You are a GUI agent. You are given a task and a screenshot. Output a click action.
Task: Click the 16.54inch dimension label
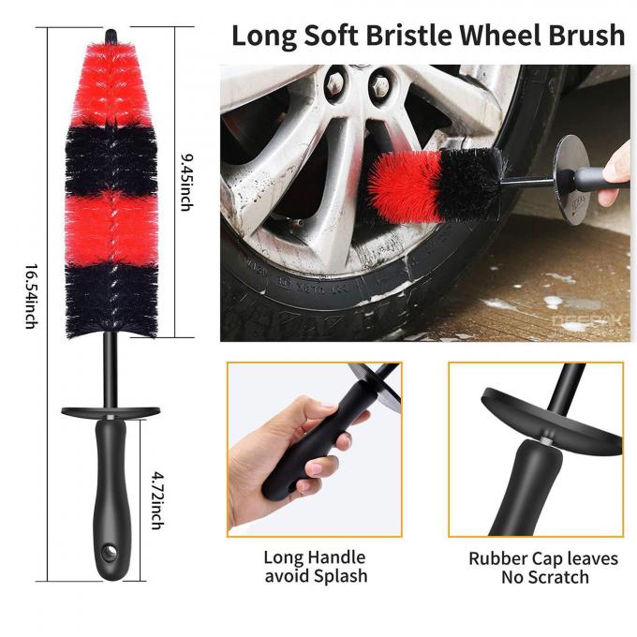pos(32,297)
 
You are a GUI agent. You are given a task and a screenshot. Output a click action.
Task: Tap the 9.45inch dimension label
pos(186,183)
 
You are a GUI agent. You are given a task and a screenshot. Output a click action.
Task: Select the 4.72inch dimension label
pos(157,500)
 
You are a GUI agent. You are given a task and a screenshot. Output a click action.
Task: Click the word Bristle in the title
pos(408,35)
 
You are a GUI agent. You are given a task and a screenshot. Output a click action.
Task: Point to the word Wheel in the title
pos(500,35)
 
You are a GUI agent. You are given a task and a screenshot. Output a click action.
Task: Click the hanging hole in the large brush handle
pos(110,553)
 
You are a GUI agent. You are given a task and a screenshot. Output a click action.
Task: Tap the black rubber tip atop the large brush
pos(111,36)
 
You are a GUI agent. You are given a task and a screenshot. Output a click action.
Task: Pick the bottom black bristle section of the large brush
pos(111,301)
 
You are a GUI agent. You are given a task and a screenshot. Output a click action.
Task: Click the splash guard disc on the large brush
pos(111,412)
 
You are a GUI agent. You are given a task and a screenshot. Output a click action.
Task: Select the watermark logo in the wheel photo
pos(586,322)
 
